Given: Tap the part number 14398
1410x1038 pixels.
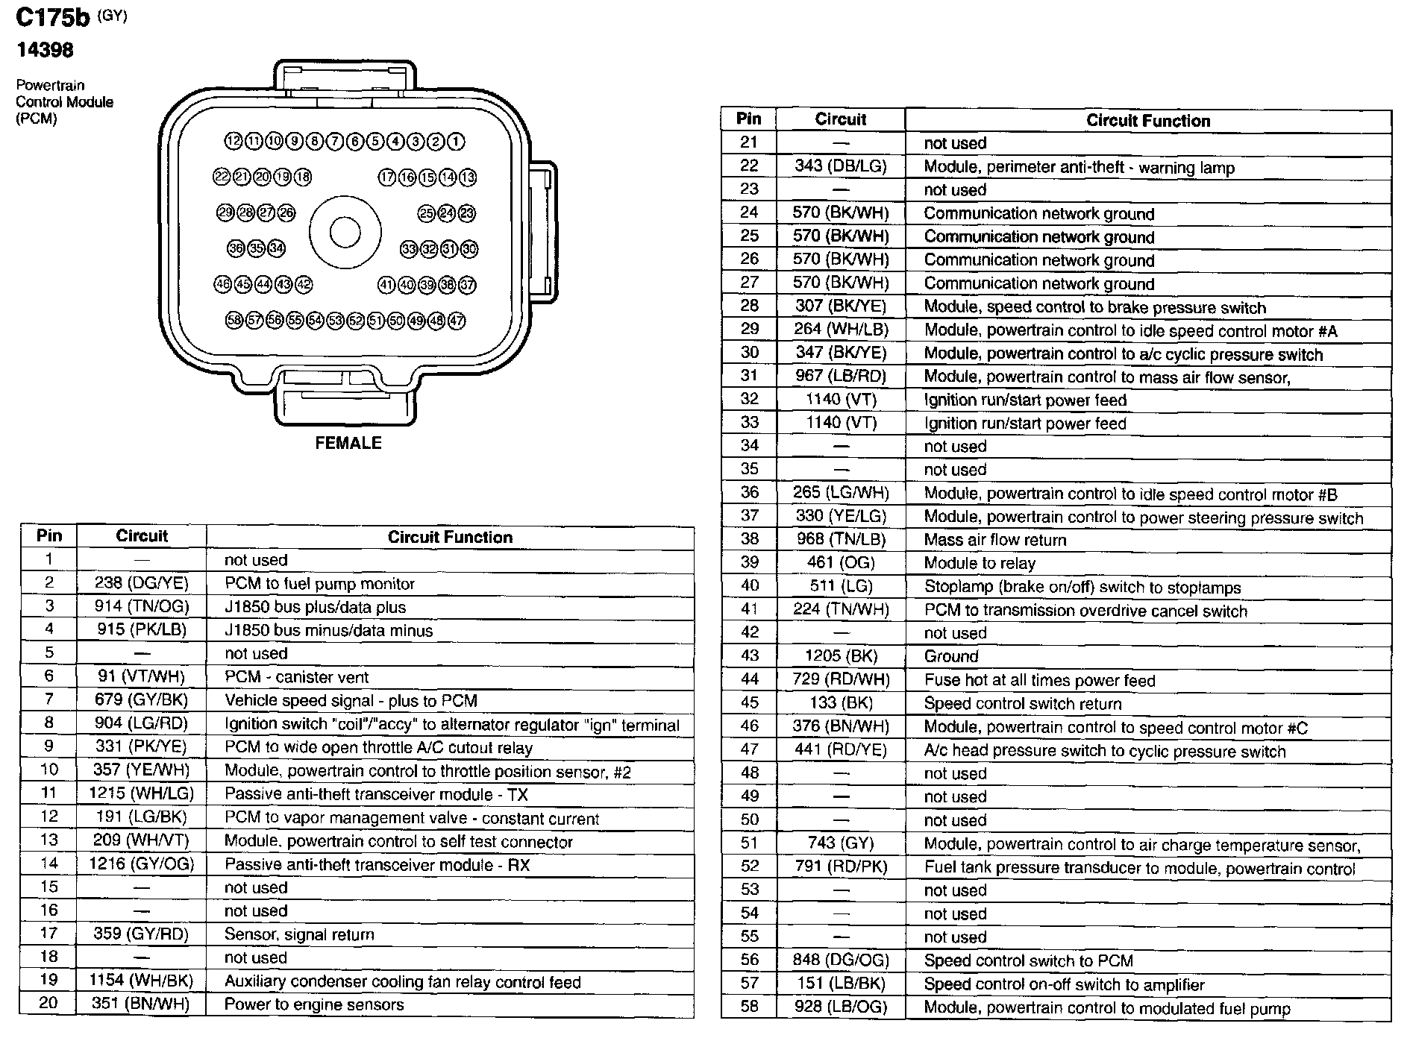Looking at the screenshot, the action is (x=45, y=50).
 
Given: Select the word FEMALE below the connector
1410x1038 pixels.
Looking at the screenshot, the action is (x=348, y=443).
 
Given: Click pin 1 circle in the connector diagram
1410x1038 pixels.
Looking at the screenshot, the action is (x=457, y=141).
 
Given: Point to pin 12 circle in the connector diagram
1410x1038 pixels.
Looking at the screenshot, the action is (x=234, y=141).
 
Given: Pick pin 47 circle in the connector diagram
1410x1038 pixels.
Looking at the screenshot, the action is (x=457, y=321).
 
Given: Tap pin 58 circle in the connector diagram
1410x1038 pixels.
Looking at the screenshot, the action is (x=234, y=321).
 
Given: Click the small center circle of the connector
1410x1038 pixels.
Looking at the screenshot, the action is (x=345, y=232).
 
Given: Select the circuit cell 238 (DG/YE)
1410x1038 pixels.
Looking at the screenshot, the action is (x=142, y=583).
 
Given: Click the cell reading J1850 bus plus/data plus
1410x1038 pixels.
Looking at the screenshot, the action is (x=315, y=607).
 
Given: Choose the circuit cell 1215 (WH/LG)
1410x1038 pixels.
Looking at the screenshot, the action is (x=142, y=794).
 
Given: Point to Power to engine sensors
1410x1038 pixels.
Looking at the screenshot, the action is (x=314, y=1004).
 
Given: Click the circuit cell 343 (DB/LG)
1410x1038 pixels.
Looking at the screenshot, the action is (x=841, y=166).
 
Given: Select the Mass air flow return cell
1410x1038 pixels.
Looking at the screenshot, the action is (x=995, y=539).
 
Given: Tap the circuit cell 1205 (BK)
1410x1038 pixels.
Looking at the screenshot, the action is (x=841, y=656).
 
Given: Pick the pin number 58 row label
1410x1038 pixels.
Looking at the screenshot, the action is (x=749, y=1007).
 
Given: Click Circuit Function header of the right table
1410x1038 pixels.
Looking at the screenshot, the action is (x=1148, y=121).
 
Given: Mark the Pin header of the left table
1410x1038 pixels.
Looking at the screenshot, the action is (x=49, y=536).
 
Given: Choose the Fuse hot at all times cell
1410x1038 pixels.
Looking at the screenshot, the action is (x=1039, y=680).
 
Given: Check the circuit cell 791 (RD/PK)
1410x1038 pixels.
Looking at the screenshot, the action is (x=841, y=866).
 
